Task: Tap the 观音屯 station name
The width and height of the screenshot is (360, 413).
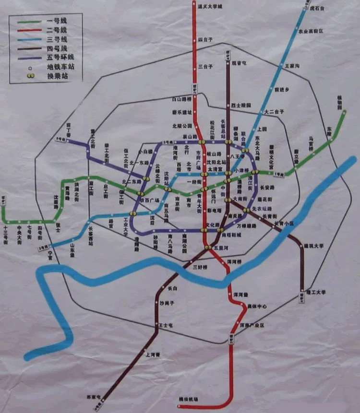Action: [239, 63]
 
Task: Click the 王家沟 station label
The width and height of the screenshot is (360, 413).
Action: [293, 65]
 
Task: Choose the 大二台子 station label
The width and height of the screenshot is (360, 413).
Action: [275, 111]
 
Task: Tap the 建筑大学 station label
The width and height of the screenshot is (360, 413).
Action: [314, 246]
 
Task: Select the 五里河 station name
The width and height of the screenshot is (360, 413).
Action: [221, 248]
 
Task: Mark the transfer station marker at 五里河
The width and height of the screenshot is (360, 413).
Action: [208, 248]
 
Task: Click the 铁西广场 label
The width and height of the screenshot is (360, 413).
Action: [149, 200]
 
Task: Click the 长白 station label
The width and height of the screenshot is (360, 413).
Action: [172, 288]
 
